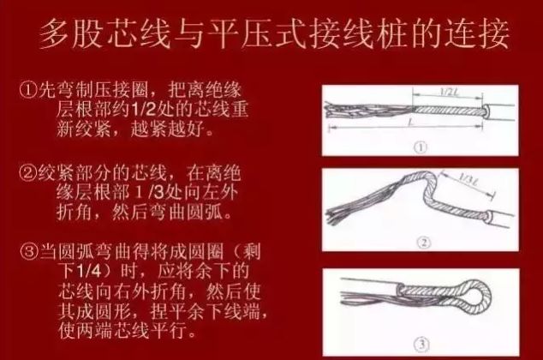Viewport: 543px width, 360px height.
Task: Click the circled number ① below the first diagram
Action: pyautogui.click(x=421, y=148)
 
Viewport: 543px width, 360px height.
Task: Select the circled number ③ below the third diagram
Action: pyautogui.click(x=421, y=345)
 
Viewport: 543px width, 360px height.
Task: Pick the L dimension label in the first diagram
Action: pyautogui.click(x=409, y=122)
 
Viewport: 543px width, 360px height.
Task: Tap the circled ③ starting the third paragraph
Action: pyautogui.click(x=31, y=252)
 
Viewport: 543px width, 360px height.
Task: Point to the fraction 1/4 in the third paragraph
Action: pyautogui.click(x=90, y=272)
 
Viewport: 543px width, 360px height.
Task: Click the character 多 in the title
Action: pyautogui.click(x=55, y=33)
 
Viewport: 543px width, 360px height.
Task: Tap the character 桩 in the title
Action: pyautogui.click(x=392, y=33)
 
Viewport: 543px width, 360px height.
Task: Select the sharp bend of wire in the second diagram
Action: pyautogui.click(x=429, y=187)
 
